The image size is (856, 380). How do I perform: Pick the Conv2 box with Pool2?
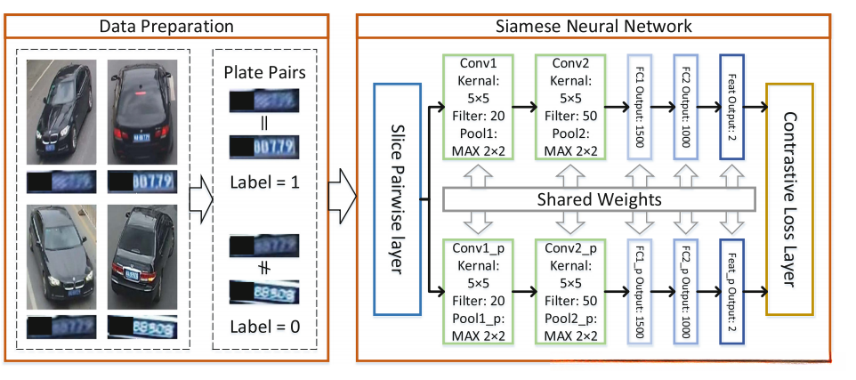coord(570,107)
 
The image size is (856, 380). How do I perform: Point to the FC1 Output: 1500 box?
coord(641,107)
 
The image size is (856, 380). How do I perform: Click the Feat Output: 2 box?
coord(731,107)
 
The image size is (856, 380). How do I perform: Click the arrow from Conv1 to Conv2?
coord(526,108)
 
